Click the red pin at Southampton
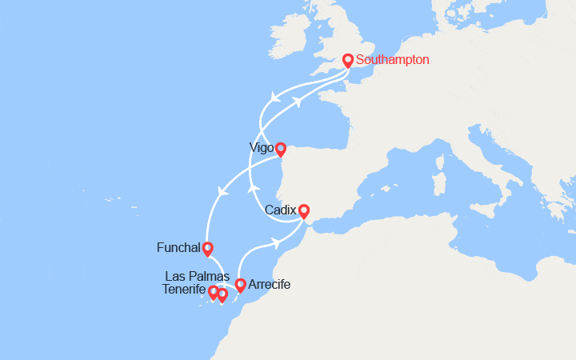click(348, 60)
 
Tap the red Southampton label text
click(393, 59)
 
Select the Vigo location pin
click(281, 149)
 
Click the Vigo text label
click(261, 148)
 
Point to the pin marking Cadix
click(304, 211)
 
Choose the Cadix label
click(281, 209)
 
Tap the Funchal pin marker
click(208, 249)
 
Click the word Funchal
click(178, 248)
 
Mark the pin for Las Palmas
click(222, 295)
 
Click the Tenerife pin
click(214, 293)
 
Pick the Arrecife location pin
click(240, 285)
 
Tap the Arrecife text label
click(270, 284)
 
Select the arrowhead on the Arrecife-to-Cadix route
click(277, 242)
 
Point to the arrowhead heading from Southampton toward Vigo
click(274, 99)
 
